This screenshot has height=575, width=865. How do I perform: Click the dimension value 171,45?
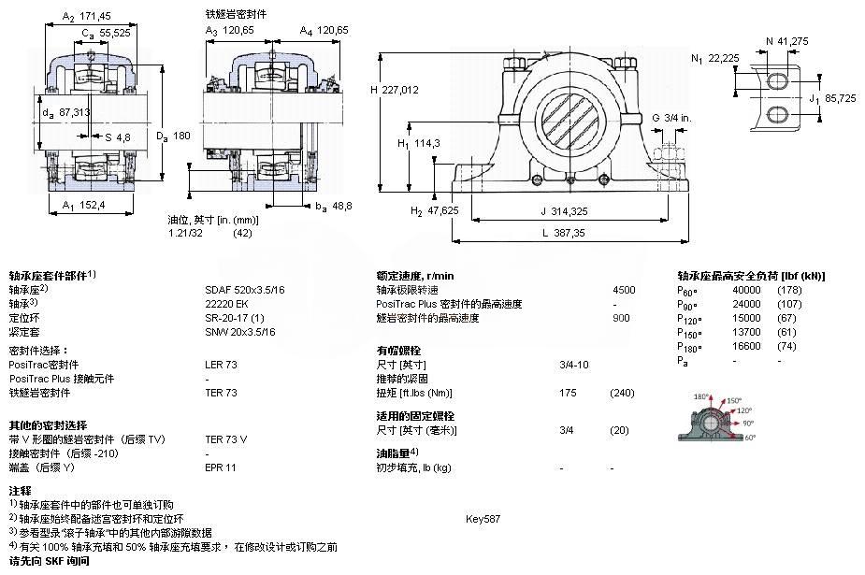(97, 16)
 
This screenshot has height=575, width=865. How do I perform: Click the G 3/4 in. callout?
(671, 117)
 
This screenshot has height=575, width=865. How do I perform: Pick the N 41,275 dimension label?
(786, 40)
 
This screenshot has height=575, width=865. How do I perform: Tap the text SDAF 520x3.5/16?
(246, 290)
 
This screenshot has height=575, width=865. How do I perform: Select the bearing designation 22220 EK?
(226, 304)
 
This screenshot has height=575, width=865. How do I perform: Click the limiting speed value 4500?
(624, 290)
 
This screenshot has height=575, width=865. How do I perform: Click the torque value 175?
(568, 393)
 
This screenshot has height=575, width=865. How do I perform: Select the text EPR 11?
(221, 467)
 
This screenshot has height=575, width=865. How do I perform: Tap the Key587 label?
(483, 518)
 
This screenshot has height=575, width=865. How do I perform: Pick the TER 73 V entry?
(226, 438)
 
